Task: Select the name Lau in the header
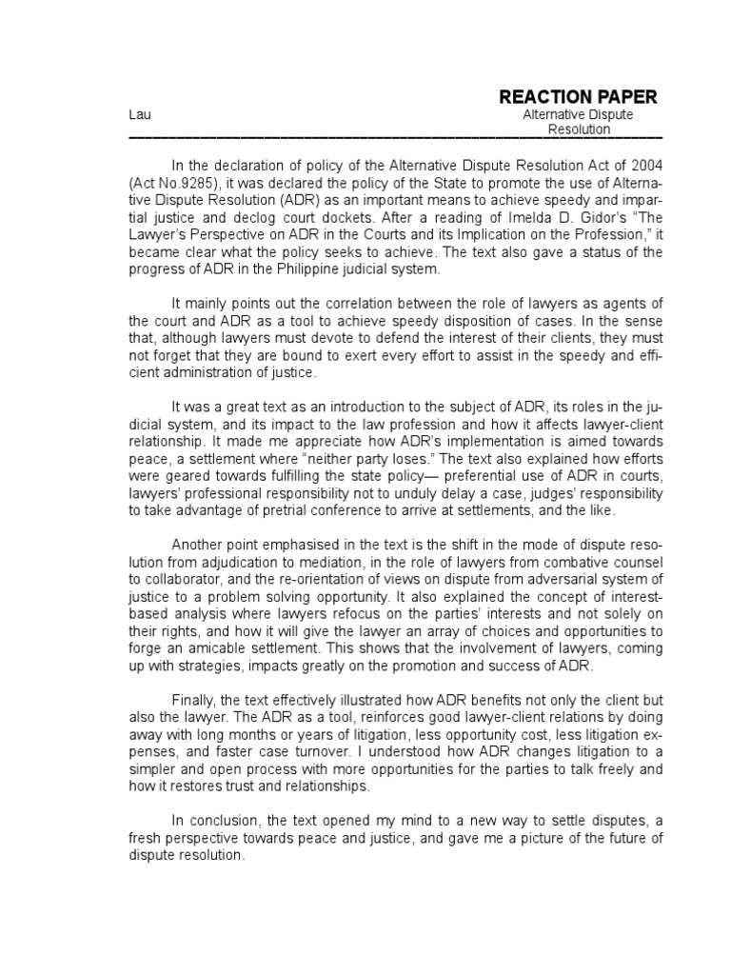pyautogui.click(x=139, y=115)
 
